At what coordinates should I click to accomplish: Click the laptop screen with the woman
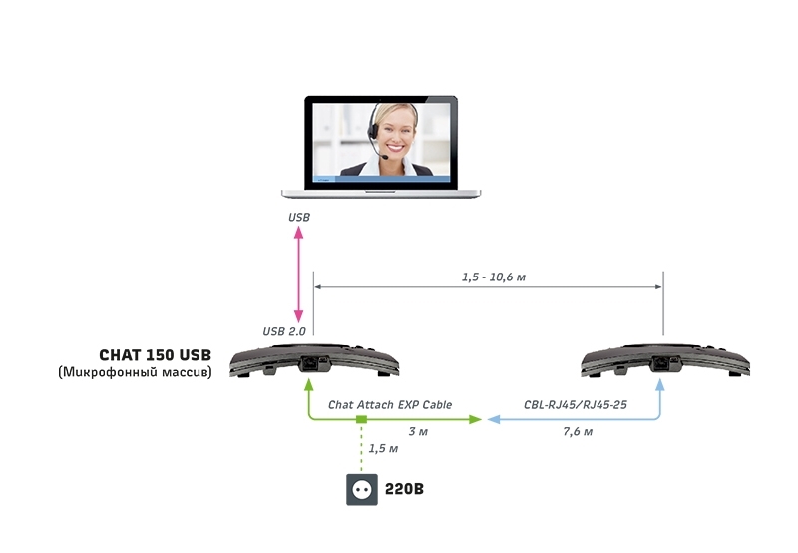click(381, 141)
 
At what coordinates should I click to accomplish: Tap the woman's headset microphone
click(382, 155)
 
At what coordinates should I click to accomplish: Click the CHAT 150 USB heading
click(155, 355)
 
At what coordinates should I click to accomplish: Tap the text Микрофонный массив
click(136, 373)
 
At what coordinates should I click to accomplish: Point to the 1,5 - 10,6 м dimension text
click(493, 277)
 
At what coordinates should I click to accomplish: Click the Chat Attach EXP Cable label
click(390, 405)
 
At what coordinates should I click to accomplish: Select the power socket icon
click(360, 490)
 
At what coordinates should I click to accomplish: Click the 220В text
click(405, 490)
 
